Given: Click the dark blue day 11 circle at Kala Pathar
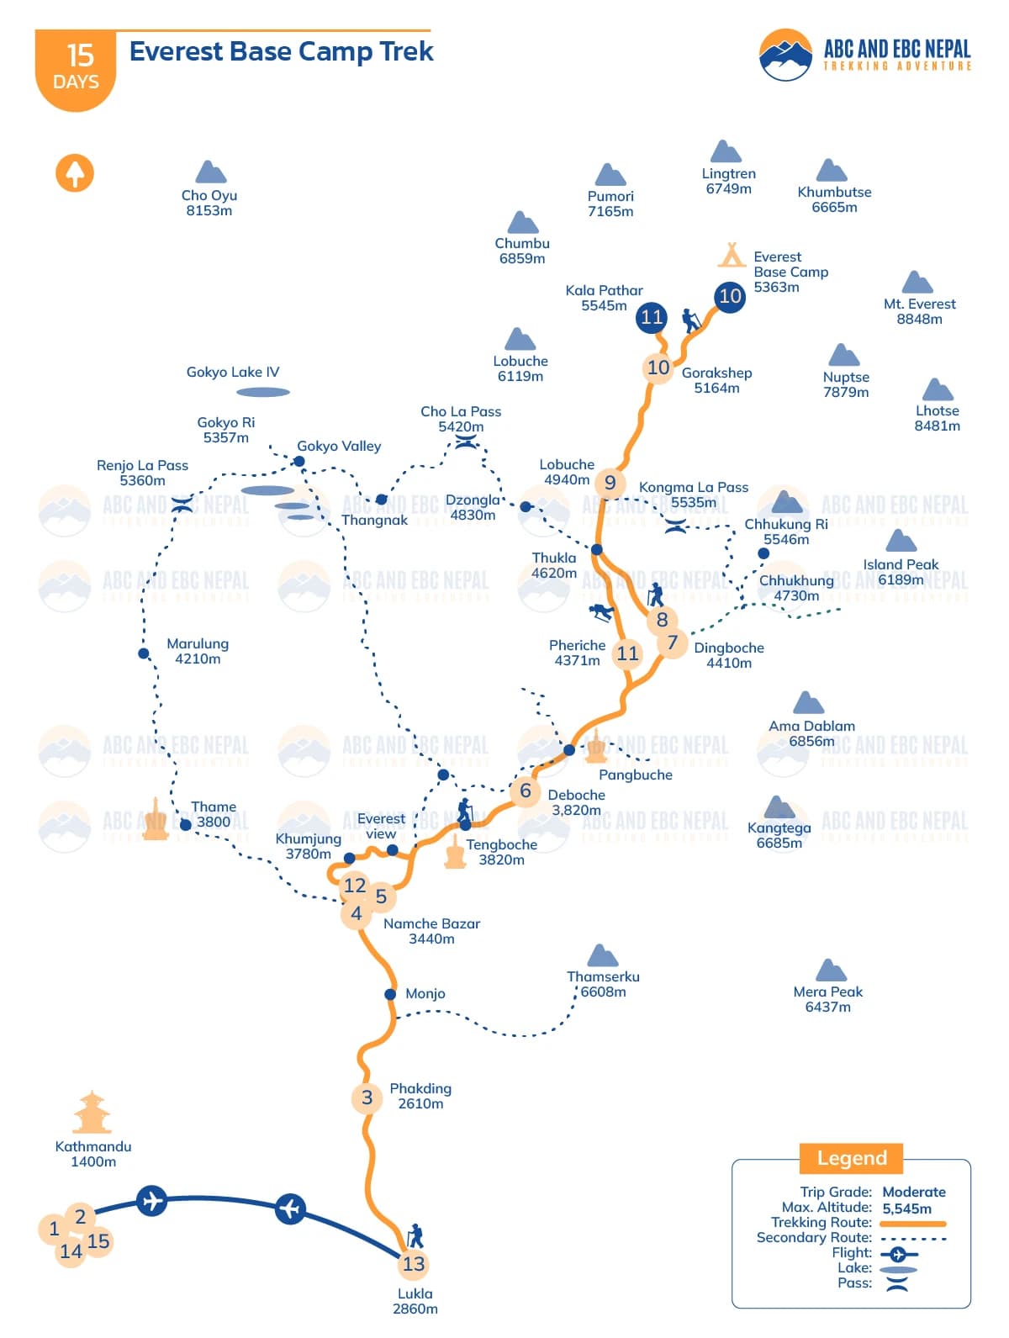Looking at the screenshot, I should [652, 317].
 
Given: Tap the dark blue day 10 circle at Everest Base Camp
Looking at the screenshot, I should [730, 296].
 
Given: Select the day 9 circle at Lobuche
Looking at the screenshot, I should [610, 483].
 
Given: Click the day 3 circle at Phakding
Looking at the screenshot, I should [367, 1097].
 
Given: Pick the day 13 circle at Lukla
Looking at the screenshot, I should [414, 1264].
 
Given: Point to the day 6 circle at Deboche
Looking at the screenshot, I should [526, 791].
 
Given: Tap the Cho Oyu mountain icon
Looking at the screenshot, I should [210, 172].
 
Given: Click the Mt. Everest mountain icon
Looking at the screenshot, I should [917, 283].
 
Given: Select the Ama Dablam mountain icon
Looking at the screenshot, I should [808, 703].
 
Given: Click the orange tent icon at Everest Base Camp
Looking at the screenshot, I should [732, 254].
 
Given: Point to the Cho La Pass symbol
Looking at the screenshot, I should [466, 442].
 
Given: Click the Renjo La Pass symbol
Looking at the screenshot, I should [182, 505].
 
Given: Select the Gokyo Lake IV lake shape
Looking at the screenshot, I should [263, 392].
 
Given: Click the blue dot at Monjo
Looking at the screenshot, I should [390, 994].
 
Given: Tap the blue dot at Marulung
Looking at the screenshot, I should [144, 653].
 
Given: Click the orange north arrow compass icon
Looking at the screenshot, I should [75, 173].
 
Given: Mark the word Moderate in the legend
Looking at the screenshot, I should [914, 1192].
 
